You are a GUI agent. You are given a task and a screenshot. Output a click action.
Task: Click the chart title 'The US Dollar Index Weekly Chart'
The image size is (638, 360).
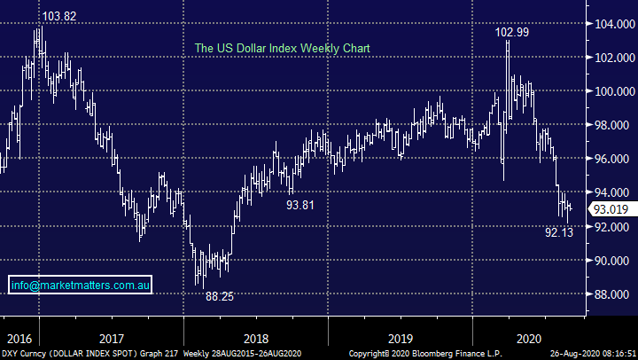tap(282, 47)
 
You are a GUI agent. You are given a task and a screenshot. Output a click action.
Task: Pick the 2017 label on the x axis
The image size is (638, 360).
tap(112, 339)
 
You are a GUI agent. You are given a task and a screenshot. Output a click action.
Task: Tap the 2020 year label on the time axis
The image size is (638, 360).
tap(528, 339)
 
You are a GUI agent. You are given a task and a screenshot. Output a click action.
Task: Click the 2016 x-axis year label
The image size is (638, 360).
tap(18, 339)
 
